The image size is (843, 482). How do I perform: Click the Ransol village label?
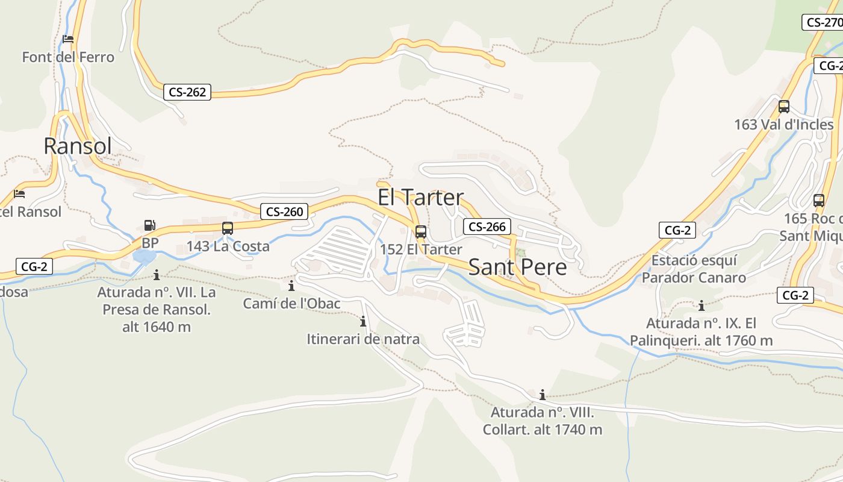tap(78, 146)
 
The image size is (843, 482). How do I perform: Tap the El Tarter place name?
tap(421, 197)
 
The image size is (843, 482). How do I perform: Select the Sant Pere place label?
tap(517, 267)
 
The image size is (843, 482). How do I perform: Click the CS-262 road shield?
tap(187, 92)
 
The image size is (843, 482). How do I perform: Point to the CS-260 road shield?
tap(285, 211)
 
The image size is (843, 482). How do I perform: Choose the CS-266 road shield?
tap(487, 227)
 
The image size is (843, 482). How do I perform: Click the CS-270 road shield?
tap(823, 22)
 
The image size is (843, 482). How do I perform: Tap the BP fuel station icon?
tap(149, 226)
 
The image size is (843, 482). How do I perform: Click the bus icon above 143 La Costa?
tap(228, 228)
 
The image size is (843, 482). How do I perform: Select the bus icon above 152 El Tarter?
tap(421, 231)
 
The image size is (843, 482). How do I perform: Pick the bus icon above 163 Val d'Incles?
tap(783, 107)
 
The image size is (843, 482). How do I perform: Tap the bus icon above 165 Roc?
tap(818, 201)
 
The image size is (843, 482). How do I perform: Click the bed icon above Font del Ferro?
tap(68, 39)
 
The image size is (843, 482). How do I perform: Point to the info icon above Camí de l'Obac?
tap(291, 286)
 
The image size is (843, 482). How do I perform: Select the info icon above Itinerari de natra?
tap(363, 321)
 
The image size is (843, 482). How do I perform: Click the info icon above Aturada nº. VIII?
tap(543, 395)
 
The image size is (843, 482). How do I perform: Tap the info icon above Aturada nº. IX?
tap(701, 305)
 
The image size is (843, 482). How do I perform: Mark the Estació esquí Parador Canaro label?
tap(694, 269)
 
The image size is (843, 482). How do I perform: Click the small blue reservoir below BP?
tap(144, 257)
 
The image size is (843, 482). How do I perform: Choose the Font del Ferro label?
tap(68, 57)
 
